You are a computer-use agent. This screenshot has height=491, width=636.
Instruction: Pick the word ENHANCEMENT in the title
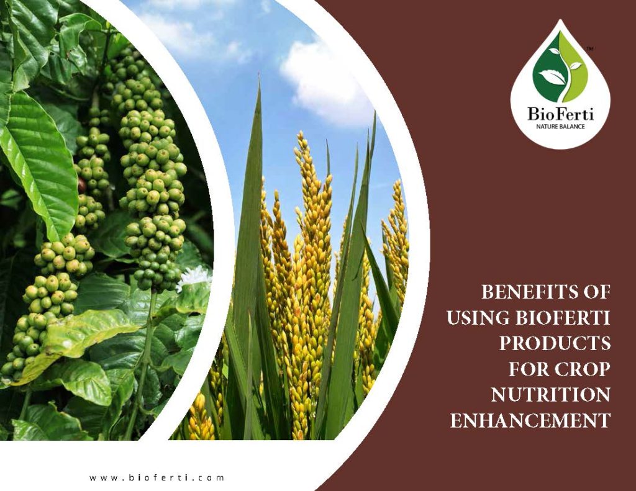530,421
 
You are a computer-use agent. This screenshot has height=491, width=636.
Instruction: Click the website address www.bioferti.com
157,478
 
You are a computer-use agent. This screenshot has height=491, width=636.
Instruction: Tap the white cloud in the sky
323,81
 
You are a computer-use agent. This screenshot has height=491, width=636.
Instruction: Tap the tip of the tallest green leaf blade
259,85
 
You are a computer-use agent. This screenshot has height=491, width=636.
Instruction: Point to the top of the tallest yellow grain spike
302,135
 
